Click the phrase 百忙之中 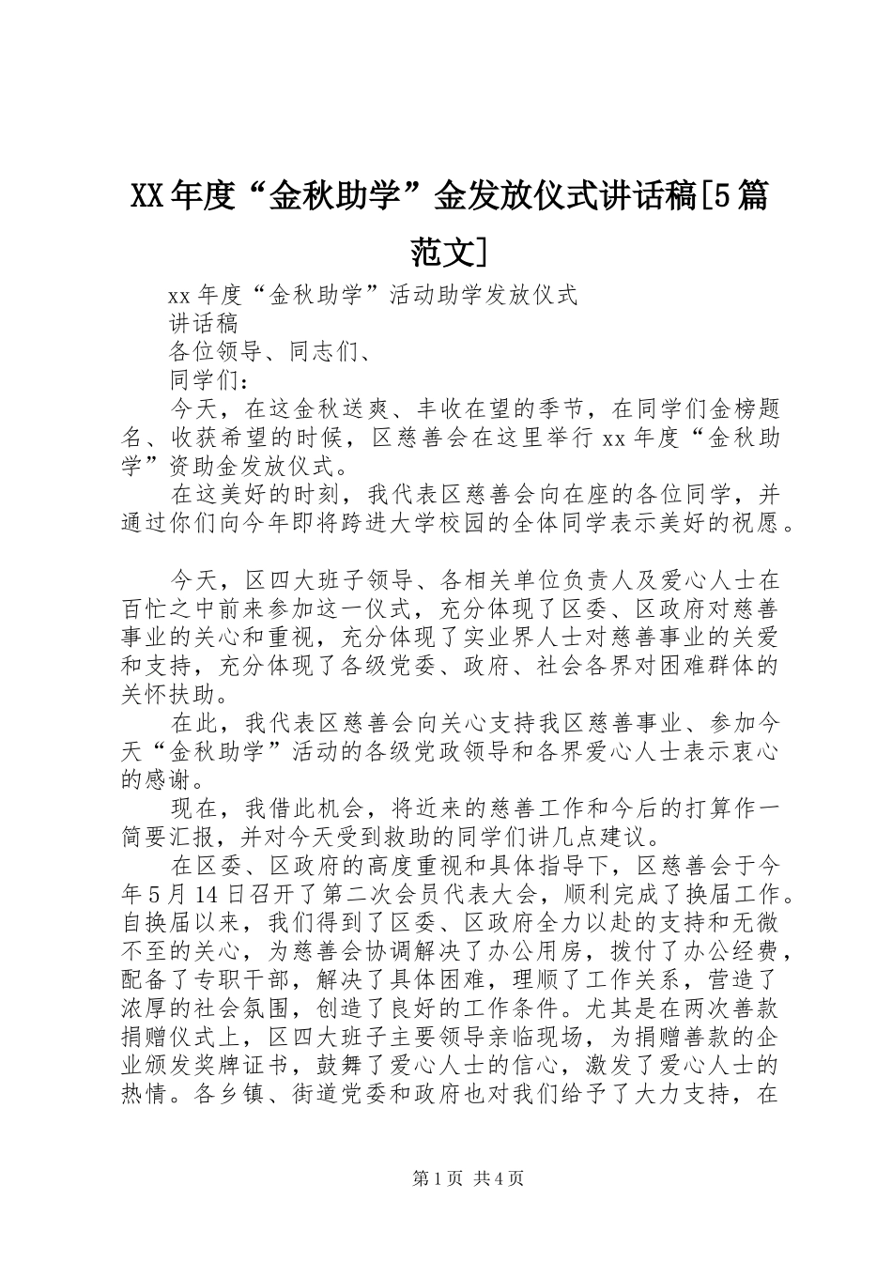[x=170, y=608]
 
